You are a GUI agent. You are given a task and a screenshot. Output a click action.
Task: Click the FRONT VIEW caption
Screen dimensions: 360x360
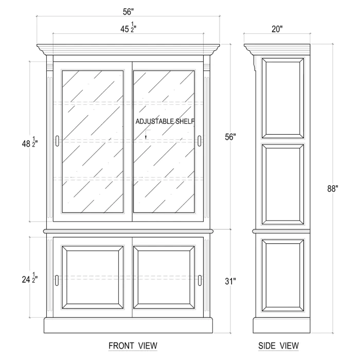(133, 346)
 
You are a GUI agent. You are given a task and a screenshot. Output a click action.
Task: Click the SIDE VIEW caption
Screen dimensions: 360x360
(278, 346)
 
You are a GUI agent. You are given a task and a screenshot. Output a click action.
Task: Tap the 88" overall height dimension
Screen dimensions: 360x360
(333, 189)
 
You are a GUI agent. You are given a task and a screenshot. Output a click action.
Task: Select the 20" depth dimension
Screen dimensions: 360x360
(277, 29)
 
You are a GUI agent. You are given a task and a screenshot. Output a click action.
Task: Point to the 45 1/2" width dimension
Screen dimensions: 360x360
(129, 28)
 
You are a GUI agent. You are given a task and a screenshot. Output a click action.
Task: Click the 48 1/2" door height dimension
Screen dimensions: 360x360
(30, 142)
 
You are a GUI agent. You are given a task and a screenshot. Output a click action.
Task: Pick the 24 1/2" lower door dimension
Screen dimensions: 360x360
(30, 278)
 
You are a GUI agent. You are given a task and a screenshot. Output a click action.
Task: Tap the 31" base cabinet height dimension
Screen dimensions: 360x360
(230, 281)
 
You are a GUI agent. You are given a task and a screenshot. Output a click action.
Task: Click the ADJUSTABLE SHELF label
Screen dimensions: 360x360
(165, 121)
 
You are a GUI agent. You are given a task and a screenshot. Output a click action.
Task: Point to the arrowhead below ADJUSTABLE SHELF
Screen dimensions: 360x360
(146, 137)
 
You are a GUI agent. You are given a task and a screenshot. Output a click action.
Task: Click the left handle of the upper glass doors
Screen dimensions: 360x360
(57, 141)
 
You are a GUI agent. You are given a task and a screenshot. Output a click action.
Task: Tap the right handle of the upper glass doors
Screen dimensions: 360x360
(200, 141)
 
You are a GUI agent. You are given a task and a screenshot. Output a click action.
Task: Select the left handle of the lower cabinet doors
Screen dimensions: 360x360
(57, 280)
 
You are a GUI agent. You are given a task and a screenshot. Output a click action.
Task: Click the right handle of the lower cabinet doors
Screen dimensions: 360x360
(200, 280)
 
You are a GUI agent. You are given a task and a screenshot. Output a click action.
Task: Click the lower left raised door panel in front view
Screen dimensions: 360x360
(93, 278)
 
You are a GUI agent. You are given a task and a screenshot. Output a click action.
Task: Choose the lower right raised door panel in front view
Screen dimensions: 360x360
(164, 278)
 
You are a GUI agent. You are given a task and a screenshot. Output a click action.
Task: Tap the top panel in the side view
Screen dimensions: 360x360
(283, 98)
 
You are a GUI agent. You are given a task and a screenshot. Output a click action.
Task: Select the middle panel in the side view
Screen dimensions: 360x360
(283, 184)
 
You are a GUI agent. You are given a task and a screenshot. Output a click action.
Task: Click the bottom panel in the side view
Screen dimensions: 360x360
(283, 276)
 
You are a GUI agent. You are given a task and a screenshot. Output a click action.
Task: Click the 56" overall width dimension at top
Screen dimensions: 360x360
(128, 12)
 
